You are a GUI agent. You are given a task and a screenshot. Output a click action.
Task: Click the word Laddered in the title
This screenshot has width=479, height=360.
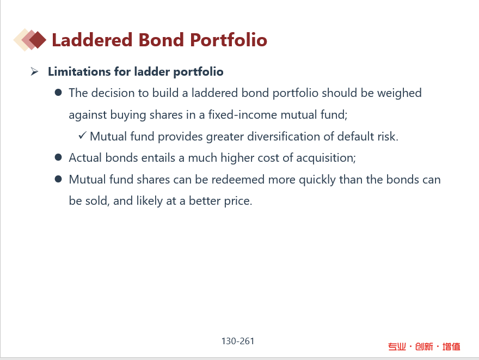coord(92,40)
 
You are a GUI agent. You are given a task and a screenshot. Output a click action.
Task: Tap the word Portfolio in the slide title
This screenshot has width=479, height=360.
coord(229,40)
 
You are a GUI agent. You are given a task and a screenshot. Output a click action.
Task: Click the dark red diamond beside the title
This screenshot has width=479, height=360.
coord(37,40)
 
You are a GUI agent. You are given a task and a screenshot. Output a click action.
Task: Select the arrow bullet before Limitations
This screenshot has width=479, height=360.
coord(34,72)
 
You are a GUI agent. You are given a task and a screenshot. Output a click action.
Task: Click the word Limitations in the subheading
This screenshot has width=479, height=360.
coord(79,71)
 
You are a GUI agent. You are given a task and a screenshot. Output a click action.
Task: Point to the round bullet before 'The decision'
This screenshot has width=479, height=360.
coord(58,93)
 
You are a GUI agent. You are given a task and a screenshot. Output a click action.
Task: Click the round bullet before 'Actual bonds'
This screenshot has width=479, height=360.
coord(58,157)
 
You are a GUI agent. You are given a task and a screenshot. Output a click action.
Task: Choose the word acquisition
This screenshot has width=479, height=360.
coord(326,158)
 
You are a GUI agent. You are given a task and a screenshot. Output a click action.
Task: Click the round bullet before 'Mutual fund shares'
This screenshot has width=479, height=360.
coord(58,179)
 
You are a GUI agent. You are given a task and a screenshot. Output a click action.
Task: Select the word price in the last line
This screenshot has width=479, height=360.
coord(238,201)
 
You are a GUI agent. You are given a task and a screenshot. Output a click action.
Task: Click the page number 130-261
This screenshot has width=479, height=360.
coord(238,341)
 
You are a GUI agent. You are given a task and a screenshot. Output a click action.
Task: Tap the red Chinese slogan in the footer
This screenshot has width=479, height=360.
coord(424,346)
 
